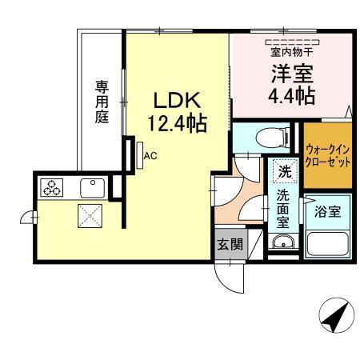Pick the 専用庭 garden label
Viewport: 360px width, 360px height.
pos(102,100)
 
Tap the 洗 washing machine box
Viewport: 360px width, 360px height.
pos(283,170)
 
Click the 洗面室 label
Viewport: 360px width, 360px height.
pos(283,207)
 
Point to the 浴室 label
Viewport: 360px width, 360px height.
pos(327,212)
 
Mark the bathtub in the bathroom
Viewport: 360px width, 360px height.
pos(327,243)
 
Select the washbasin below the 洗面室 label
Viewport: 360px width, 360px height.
pos(282,242)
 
